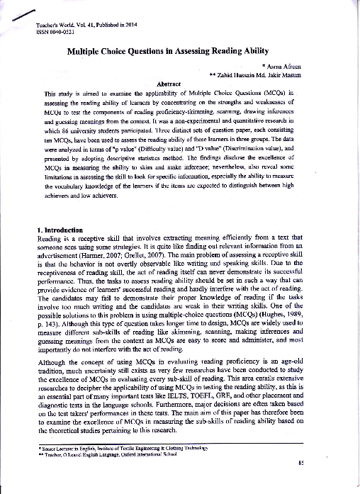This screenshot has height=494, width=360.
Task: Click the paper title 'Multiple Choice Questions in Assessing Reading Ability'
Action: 179,52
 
